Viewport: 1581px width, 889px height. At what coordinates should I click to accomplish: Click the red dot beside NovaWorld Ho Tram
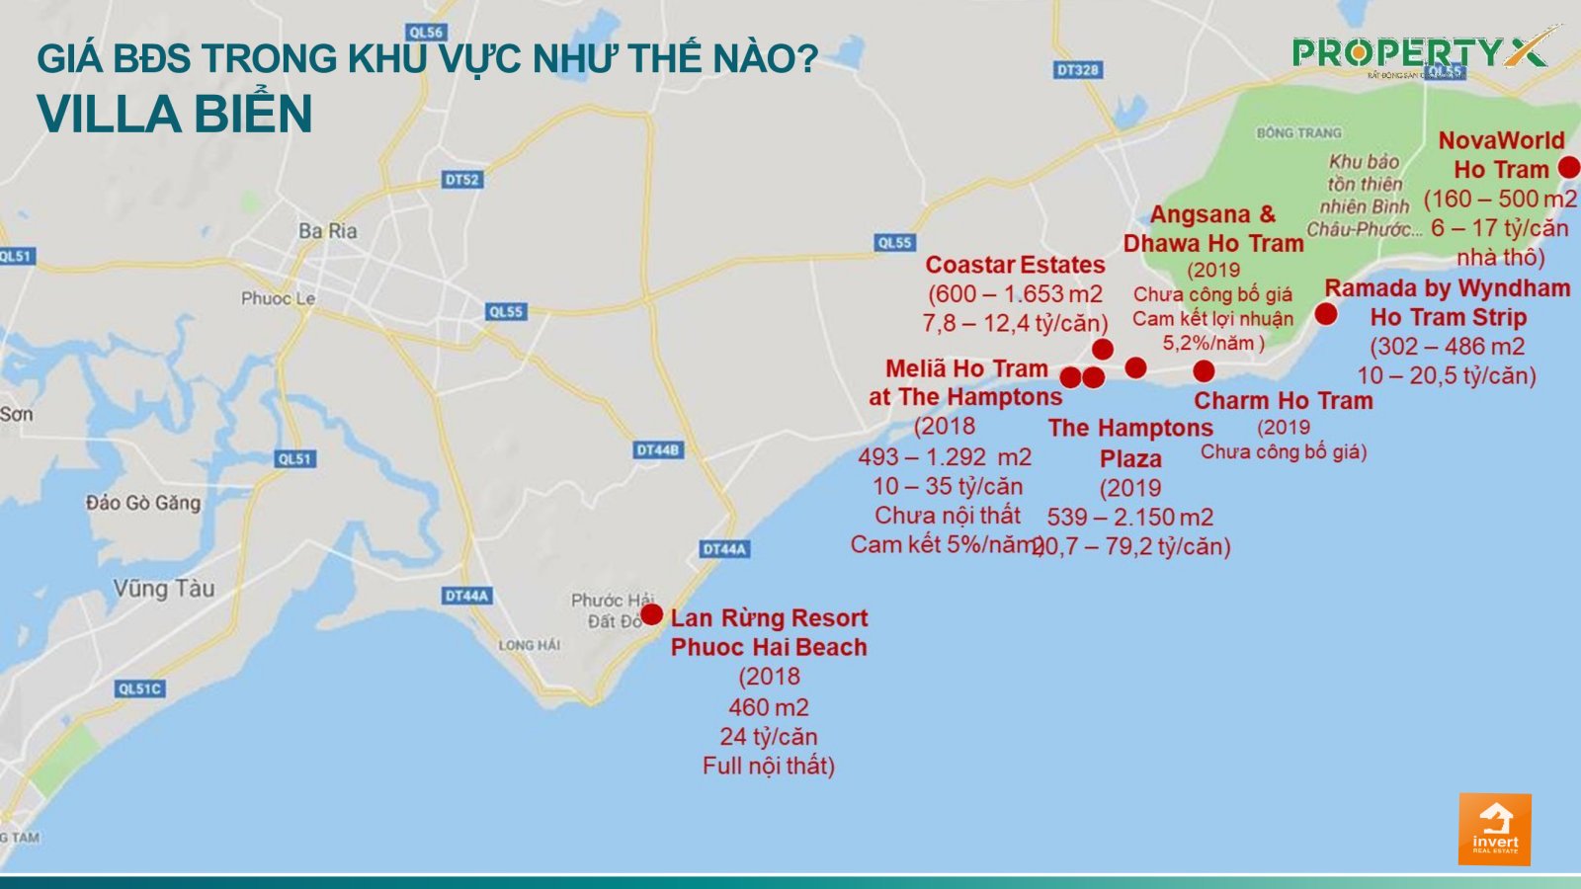[x=1568, y=167]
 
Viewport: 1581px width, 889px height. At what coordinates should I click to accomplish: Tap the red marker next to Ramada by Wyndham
[x=1326, y=314]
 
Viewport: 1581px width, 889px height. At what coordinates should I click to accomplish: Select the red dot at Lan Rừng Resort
[x=651, y=614]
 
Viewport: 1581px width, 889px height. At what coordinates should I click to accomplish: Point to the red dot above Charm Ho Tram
[x=1203, y=371]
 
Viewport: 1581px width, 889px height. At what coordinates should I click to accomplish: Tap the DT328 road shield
[x=1077, y=70]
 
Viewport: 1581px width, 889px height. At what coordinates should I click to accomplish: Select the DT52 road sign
[x=461, y=180]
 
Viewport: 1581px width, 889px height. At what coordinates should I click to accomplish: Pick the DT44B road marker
[x=657, y=450]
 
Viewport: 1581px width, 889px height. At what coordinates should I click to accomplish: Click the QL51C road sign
[x=139, y=688]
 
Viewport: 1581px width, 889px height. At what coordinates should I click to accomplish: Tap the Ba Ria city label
[x=328, y=231]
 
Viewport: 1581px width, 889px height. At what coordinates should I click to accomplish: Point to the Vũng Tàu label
[x=163, y=589]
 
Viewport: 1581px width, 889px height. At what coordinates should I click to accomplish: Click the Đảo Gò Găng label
[x=142, y=503]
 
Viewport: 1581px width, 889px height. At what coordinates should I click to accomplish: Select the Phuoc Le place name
[x=278, y=298]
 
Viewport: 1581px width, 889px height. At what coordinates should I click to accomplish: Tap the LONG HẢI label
[x=529, y=645]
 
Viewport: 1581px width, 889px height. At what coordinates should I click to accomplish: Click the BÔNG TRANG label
[x=1298, y=132]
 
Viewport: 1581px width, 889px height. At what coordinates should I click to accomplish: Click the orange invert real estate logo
[x=1494, y=830]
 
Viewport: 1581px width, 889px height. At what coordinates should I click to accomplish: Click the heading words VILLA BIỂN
[x=175, y=114]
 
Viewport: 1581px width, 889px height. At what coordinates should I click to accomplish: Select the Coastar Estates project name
[x=1015, y=265]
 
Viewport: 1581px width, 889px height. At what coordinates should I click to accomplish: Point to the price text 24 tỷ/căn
[x=768, y=737]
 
